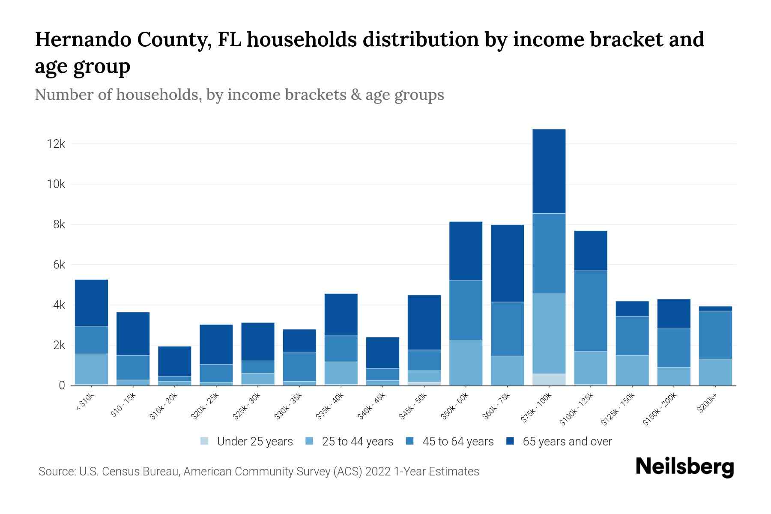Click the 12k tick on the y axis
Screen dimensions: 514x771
(x=56, y=144)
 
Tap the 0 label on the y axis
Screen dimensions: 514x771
(x=62, y=386)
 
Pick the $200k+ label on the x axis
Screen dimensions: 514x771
(x=707, y=404)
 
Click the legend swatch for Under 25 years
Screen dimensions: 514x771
(x=205, y=441)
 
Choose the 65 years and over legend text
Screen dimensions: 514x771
(x=567, y=442)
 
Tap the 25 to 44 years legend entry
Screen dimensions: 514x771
(x=357, y=442)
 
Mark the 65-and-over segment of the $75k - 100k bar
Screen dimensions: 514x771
(x=549, y=171)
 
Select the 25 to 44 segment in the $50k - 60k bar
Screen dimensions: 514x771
(x=466, y=363)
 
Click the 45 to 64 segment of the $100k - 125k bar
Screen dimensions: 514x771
(x=591, y=311)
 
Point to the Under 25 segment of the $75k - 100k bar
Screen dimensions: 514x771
(x=549, y=380)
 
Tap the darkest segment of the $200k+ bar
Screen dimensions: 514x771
(x=715, y=308)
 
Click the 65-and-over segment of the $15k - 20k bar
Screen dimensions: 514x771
(x=175, y=361)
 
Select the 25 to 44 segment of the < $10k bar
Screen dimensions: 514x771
(x=91, y=369)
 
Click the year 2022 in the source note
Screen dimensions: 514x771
(x=378, y=472)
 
